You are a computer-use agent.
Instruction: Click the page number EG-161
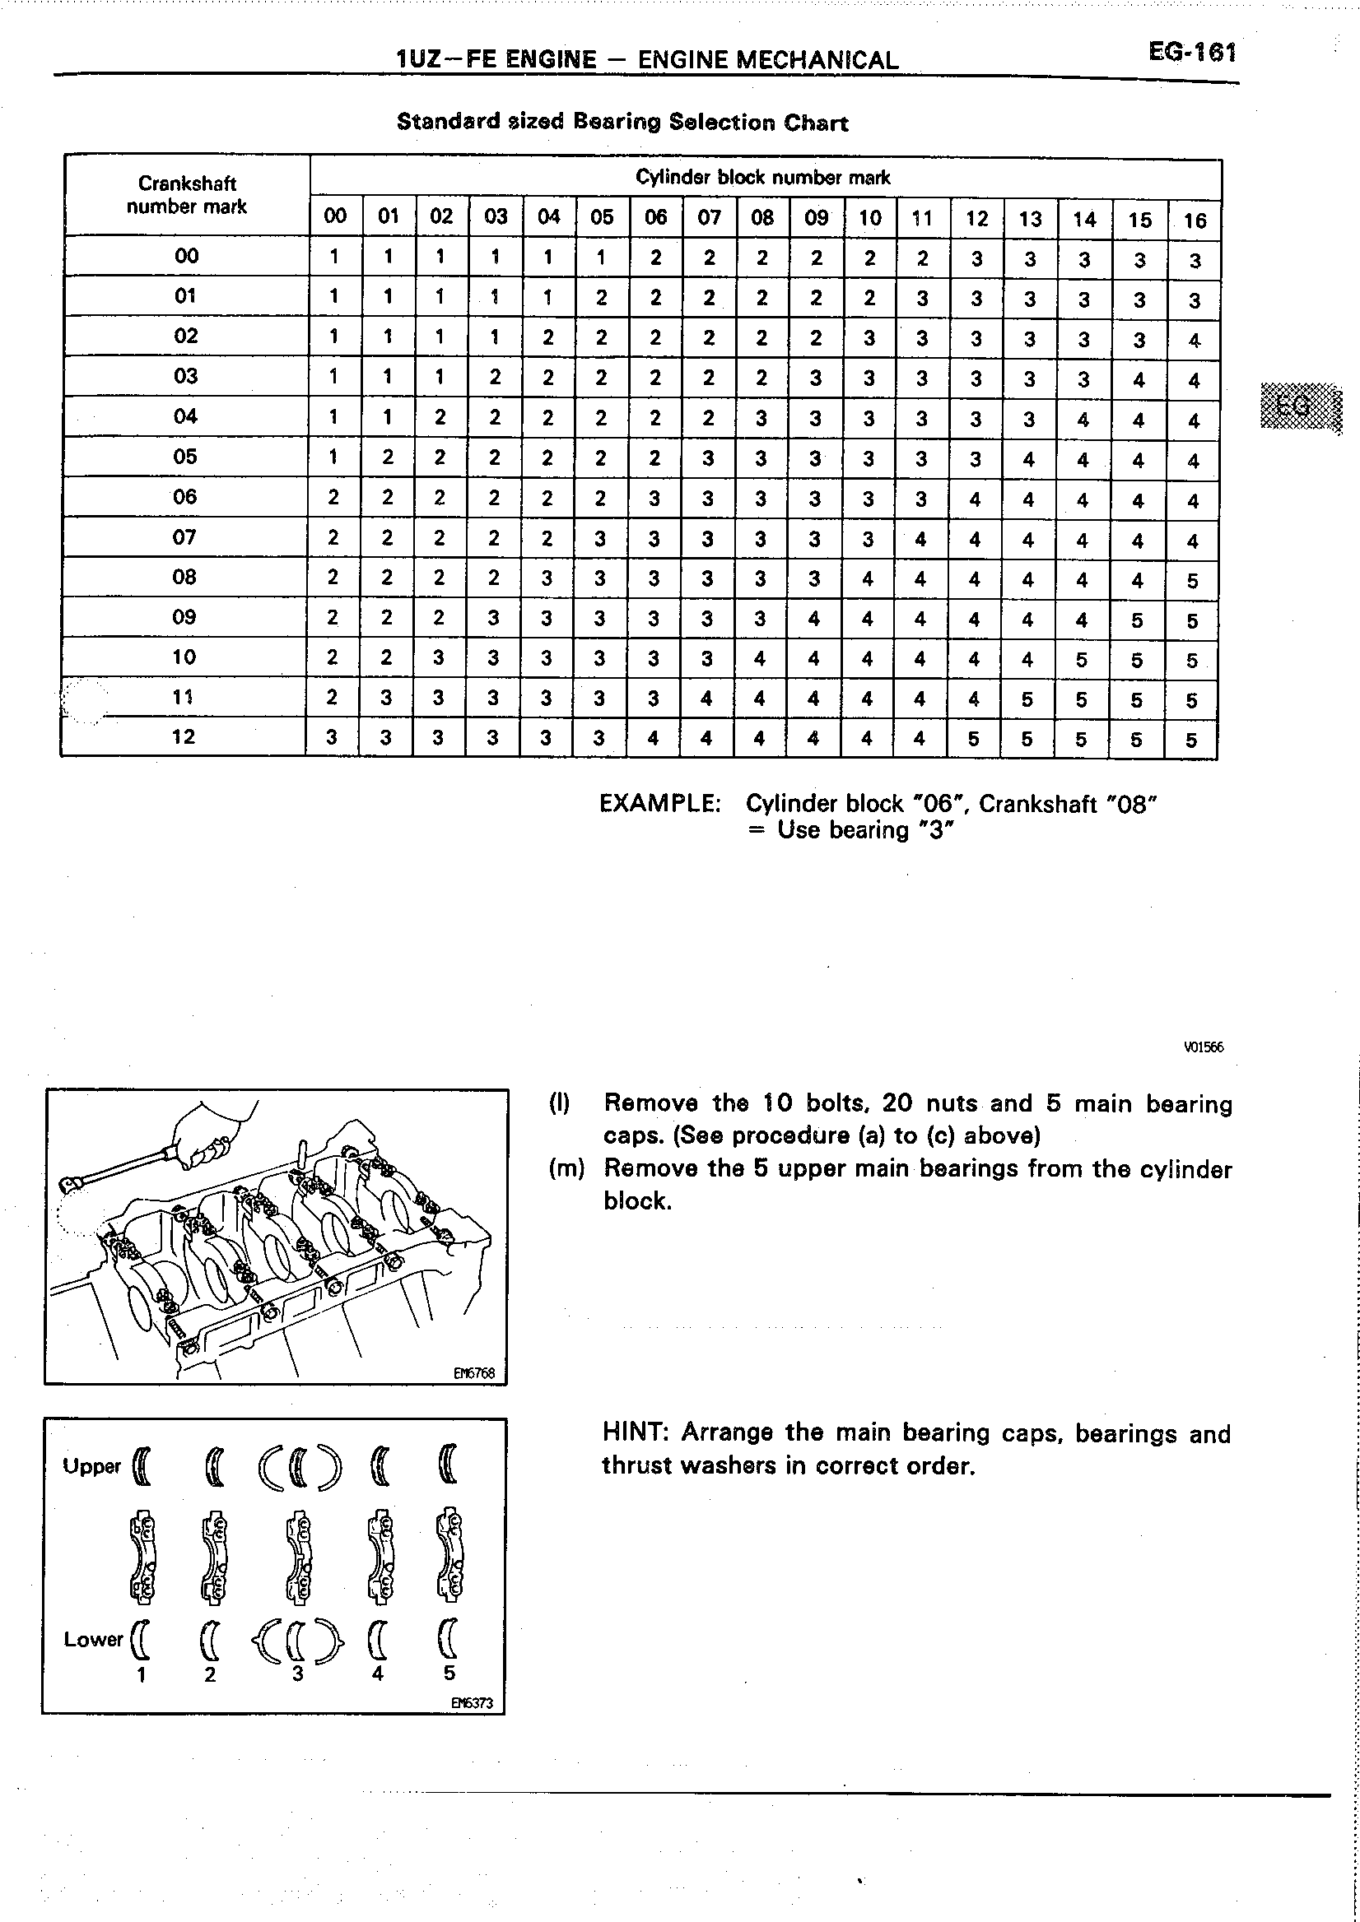tap(1192, 53)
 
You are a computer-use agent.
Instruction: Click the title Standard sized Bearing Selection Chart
tap(622, 123)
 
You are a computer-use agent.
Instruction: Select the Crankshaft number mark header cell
tap(187, 195)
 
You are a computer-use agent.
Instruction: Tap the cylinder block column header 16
tap(1195, 221)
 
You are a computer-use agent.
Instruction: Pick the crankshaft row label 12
tap(184, 736)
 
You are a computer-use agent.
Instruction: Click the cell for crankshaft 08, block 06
tap(654, 578)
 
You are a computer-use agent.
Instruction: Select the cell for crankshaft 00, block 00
tap(334, 256)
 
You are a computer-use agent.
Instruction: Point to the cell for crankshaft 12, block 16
tap(1192, 740)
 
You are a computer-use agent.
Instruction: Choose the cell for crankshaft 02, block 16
tap(1195, 341)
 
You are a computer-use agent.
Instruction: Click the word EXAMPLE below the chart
tap(660, 804)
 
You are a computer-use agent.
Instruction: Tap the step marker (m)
tap(566, 1168)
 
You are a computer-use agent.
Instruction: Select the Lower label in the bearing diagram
tap(93, 1639)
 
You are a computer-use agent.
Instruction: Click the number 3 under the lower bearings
tap(297, 1674)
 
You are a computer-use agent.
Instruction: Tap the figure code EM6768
tap(474, 1373)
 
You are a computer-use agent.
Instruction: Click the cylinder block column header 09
tap(816, 219)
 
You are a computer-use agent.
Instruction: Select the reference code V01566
tap(1204, 1047)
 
